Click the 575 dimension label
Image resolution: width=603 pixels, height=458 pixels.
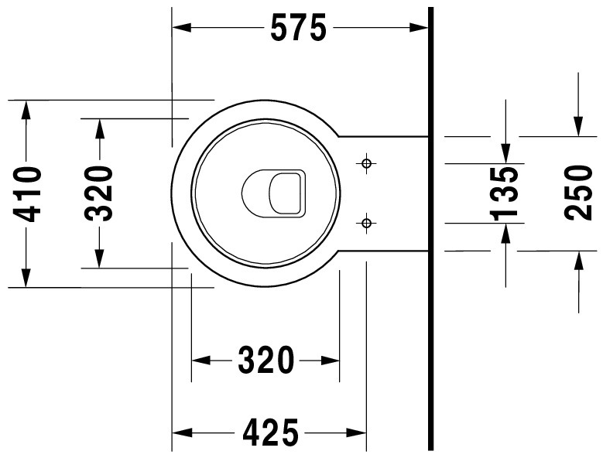tap(299, 28)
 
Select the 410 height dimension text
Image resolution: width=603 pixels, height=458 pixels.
tap(27, 194)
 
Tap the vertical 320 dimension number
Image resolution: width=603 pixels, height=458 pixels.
tap(99, 193)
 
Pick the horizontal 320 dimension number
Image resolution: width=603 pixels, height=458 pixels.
tap(266, 360)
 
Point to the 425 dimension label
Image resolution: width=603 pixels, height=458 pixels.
tap(271, 432)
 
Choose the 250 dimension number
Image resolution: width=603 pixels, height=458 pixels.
tap(579, 193)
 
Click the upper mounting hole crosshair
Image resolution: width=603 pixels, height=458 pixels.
tap(366, 163)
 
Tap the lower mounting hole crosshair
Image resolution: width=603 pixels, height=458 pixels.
tap(366, 223)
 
